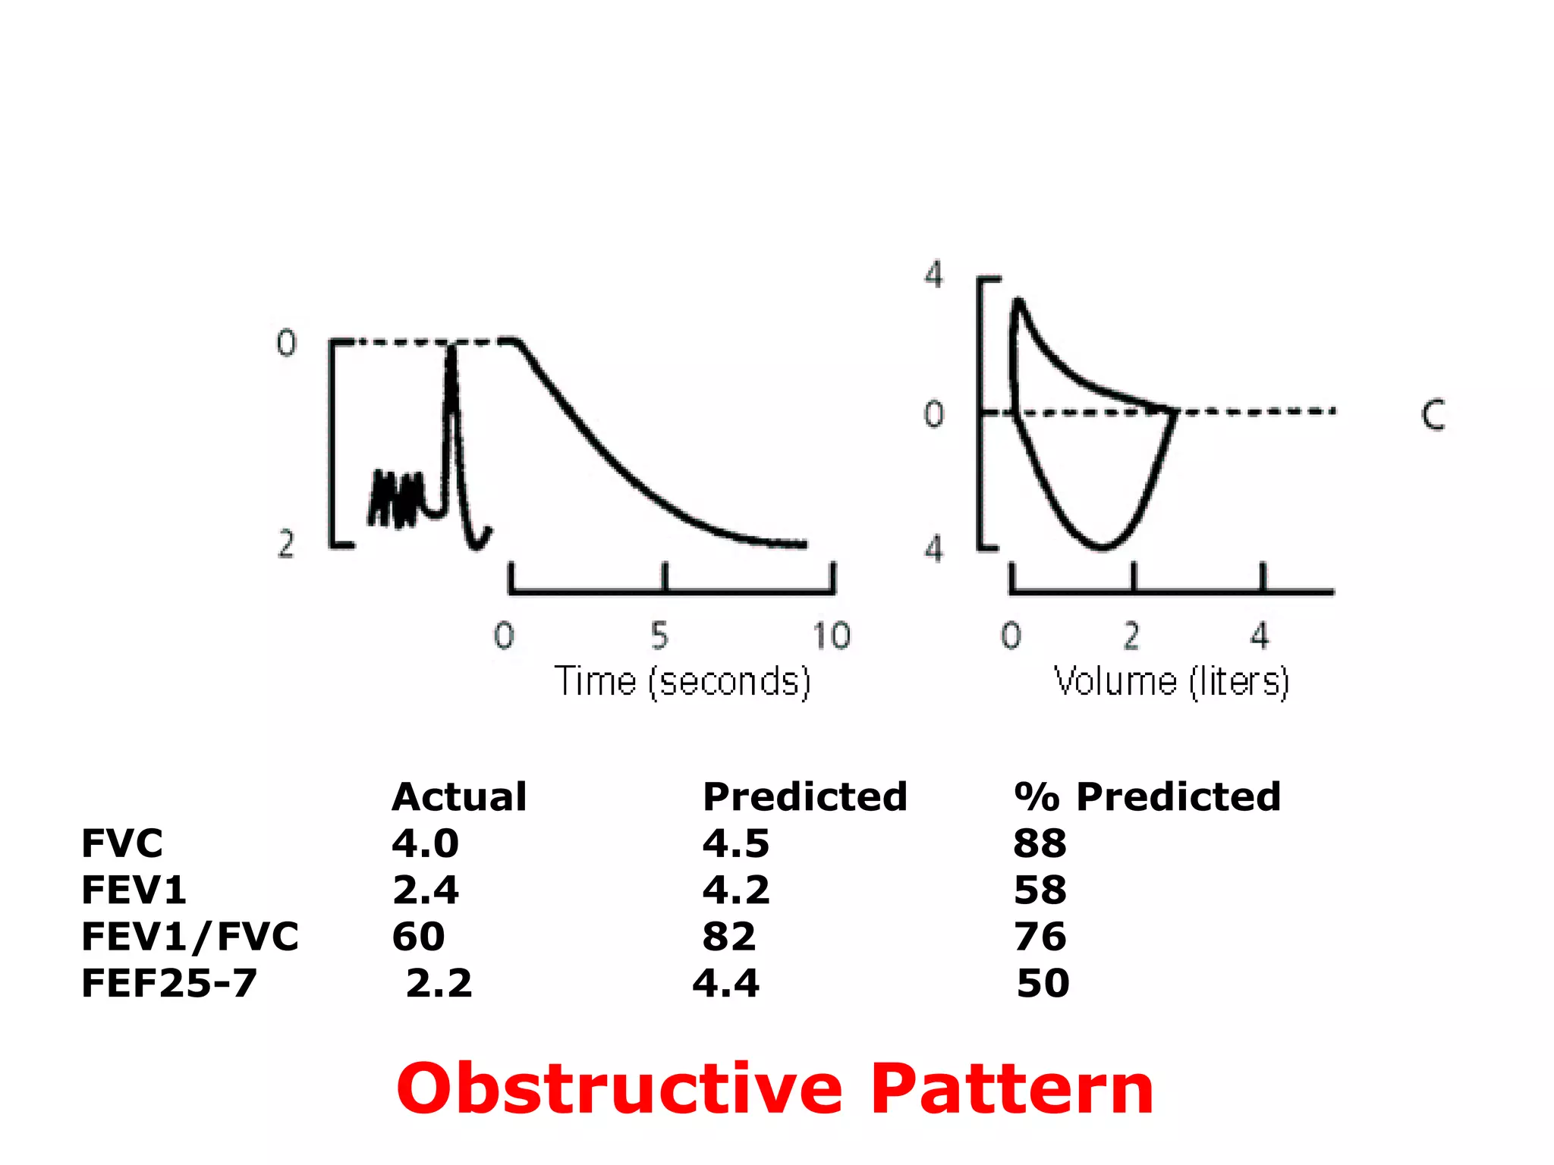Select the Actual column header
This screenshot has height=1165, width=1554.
click(459, 796)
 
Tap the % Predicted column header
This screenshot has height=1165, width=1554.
click(1147, 796)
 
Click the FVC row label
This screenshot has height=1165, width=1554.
click(122, 843)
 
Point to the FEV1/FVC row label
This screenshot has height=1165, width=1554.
click(190, 937)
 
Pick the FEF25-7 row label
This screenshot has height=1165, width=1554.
click(169, 984)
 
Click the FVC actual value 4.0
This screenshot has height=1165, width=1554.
click(425, 843)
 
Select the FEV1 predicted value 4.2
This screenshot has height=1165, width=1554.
click(735, 890)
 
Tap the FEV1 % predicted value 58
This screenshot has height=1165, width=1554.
click(1040, 890)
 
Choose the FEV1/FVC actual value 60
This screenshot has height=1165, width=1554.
click(418, 937)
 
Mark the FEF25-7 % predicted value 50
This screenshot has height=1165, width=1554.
click(1043, 984)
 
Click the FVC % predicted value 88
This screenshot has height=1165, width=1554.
click(1040, 843)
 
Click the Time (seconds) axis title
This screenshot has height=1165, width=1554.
click(682, 681)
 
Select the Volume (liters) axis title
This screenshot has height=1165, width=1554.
click(1172, 681)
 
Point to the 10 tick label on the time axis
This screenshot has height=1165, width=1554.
click(832, 636)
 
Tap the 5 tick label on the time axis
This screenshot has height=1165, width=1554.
click(659, 636)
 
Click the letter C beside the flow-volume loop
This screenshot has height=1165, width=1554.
click(1433, 415)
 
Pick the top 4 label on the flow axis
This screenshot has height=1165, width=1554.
click(933, 274)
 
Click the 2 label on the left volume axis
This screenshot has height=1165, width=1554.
click(285, 544)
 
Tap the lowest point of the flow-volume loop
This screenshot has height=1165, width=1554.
click(1103, 547)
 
